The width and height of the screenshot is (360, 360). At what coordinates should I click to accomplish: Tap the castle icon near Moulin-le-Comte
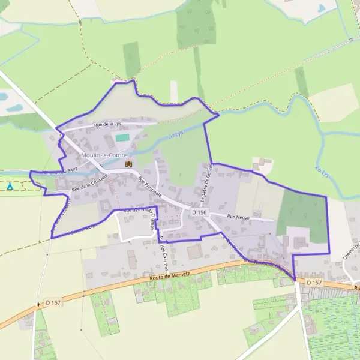pos(127,163)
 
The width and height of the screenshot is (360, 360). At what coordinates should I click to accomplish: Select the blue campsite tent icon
pos(10,187)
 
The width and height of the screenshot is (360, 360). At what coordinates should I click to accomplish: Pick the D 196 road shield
pos(199,212)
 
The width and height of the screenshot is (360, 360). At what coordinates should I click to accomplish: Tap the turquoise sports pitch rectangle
pos(122,138)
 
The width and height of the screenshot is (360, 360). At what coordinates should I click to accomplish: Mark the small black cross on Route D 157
pos(38,304)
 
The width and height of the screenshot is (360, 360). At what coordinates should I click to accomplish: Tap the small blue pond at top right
pos(322,8)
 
